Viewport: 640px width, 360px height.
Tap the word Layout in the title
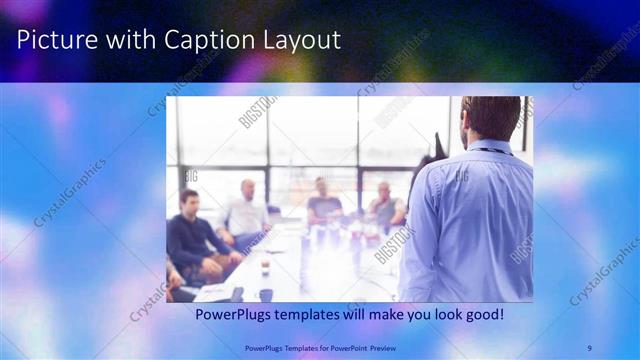coord(296,40)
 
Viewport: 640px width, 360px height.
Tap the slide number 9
coord(590,347)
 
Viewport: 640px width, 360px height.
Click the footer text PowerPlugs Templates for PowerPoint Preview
coord(320,347)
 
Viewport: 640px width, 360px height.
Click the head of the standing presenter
coord(490,118)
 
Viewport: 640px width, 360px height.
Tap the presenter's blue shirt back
coord(470,220)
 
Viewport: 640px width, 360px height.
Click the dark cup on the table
coord(266,294)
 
